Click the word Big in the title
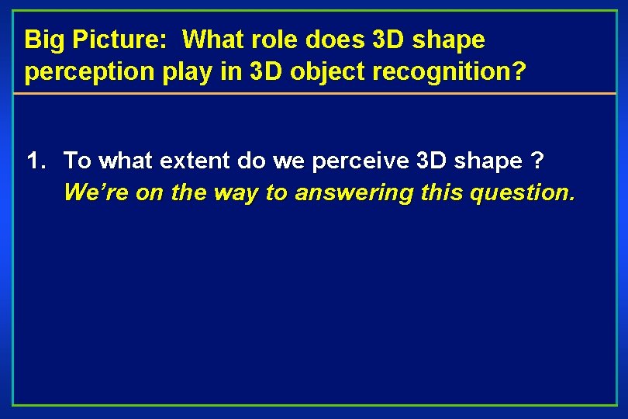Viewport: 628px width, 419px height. point(43,40)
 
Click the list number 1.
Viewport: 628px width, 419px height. point(35,161)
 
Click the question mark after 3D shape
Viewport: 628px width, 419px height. point(537,161)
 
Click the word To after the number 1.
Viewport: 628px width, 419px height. point(78,161)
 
